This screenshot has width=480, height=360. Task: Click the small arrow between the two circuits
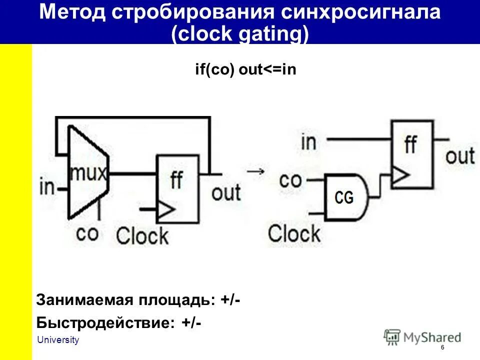click(x=256, y=171)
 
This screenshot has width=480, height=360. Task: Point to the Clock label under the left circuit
click(x=142, y=235)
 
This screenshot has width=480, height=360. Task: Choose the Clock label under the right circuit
click(x=294, y=233)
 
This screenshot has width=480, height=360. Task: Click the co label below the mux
click(x=87, y=232)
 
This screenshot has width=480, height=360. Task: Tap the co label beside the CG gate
click(x=290, y=180)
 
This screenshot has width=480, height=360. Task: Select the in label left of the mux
click(x=47, y=187)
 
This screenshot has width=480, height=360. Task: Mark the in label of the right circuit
click(x=308, y=142)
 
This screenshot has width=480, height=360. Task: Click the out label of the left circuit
click(x=226, y=192)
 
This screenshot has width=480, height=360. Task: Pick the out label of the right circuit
click(x=459, y=156)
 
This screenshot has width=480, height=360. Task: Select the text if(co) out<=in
click(x=245, y=69)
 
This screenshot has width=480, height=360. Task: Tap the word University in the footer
click(x=58, y=340)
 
